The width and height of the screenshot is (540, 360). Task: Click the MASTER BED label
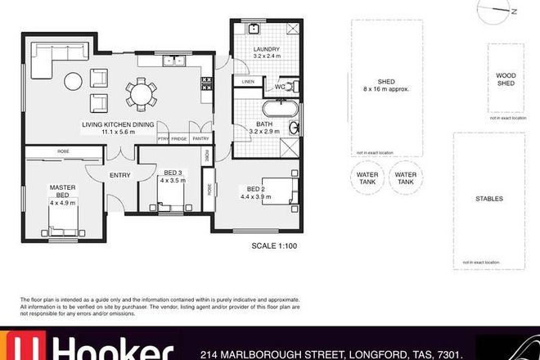(62, 187)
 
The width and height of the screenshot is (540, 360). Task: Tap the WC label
(280, 86)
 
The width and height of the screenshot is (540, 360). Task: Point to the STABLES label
(488, 199)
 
